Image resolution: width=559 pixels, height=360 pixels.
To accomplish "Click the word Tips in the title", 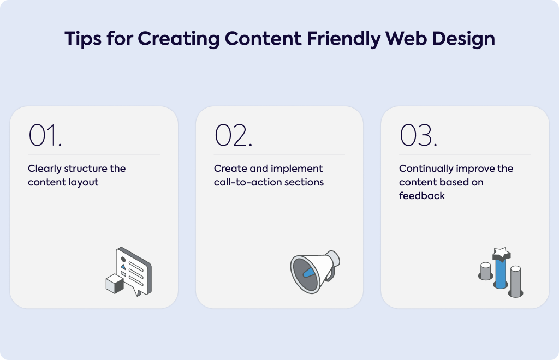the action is point(83,39).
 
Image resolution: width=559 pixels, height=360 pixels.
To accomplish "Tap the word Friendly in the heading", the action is point(343,39).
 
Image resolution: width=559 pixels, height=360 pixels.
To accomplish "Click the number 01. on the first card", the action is point(45,135).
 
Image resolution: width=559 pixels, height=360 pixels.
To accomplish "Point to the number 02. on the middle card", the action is point(234,135).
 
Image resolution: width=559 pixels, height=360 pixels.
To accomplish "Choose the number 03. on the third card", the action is point(419,135).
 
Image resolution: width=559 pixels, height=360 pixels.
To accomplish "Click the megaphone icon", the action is point(315,272).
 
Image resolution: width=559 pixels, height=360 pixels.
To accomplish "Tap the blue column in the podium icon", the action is point(501,273).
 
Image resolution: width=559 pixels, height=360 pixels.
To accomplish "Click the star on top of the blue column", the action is point(502,254).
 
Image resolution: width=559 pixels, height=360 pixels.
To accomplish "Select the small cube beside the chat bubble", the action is point(115,284).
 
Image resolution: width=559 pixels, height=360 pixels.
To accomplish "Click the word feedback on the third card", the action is point(422,196).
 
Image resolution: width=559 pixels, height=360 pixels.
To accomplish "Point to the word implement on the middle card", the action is point(296,169).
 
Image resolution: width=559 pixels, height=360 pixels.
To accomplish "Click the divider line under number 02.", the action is point(279,155).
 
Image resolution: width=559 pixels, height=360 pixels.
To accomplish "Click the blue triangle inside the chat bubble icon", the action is point(123,266).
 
